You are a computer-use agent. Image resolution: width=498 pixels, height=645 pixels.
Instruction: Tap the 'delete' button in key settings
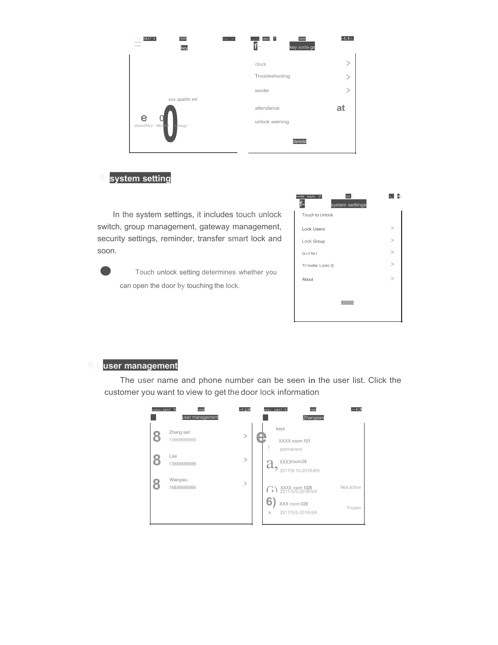pos(299,142)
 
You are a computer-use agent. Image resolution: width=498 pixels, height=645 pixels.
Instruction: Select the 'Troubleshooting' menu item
pos(272,76)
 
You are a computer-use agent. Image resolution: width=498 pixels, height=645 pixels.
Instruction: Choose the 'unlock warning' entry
pos(272,122)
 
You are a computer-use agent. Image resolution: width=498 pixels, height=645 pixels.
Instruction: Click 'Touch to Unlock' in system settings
pos(317,215)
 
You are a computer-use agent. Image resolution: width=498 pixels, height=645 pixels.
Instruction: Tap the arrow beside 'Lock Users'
pos(392,228)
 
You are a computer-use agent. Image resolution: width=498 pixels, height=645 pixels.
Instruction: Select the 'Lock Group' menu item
pos(313,241)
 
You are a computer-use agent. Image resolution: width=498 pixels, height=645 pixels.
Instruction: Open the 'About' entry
pos(307,279)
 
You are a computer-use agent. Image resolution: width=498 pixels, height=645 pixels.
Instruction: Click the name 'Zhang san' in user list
pos(179,432)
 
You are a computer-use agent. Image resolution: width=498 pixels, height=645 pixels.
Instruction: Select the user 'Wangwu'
pos(178,480)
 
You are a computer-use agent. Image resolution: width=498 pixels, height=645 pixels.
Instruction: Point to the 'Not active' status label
pos(351,487)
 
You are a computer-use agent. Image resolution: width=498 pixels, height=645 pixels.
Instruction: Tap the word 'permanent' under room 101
pos(291,449)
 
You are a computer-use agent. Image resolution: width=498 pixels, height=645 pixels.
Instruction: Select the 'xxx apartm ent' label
pos(183,99)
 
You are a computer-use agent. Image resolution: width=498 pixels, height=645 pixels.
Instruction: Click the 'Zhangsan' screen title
pos(313,418)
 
